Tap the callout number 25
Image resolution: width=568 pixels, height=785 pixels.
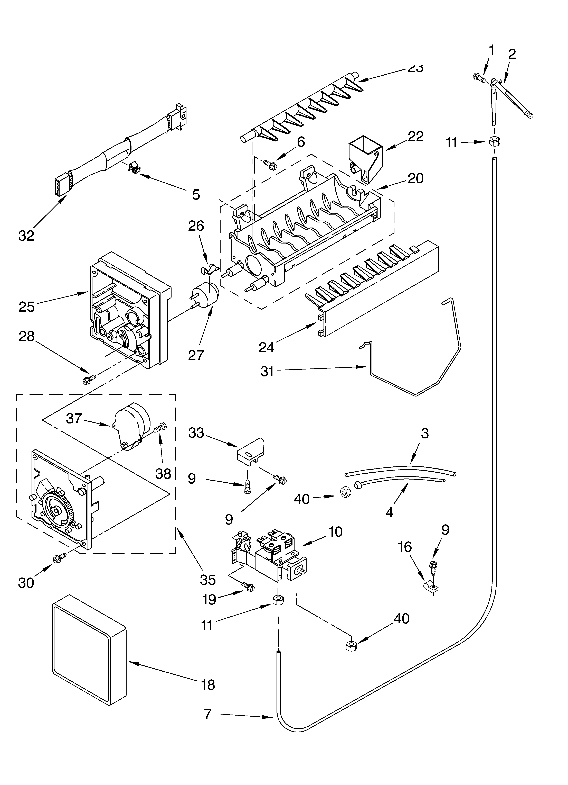point(27,307)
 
